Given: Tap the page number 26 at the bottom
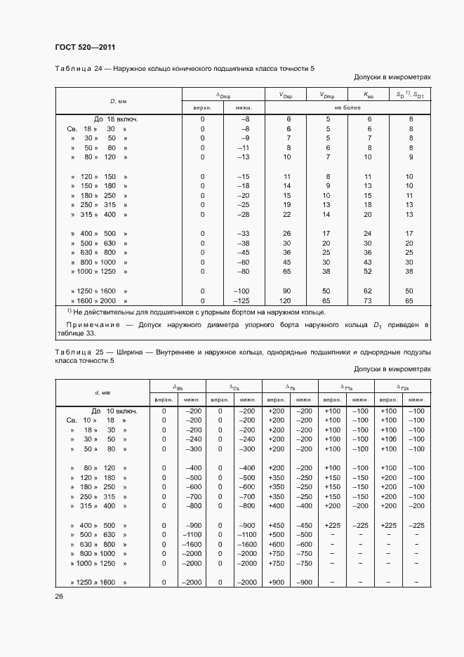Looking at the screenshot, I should [x=58, y=596].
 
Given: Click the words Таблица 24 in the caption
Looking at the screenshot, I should [x=74, y=68].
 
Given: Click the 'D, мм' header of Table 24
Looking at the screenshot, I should [x=118, y=102].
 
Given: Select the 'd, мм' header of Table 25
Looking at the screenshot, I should [x=103, y=392].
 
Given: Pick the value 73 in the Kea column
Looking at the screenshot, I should [x=369, y=300].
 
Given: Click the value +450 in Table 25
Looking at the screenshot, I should [x=276, y=524].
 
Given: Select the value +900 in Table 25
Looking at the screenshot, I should [x=276, y=582].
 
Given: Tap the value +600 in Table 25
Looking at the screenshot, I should [x=276, y=544].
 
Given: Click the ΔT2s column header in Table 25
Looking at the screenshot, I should [x=402, y=387].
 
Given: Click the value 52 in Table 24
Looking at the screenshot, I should [x=369, y=271].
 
